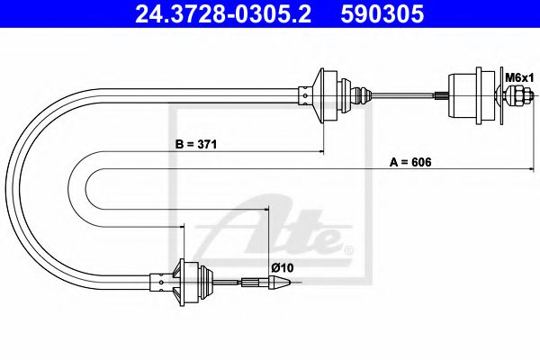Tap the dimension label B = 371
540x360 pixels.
click(x=197, y=144)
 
